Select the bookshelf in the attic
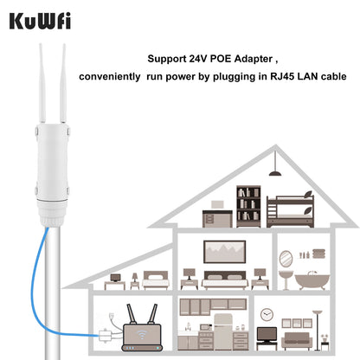point(248,206)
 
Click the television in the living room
point(267,333)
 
